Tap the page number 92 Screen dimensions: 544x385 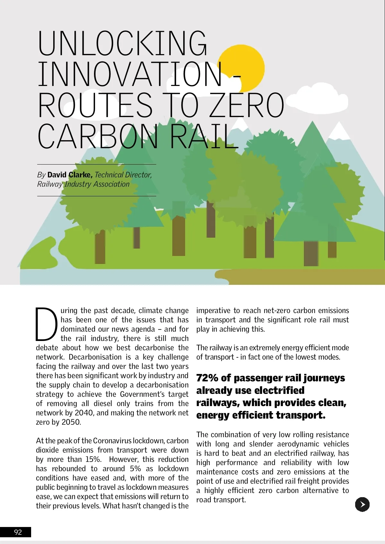click(18, 532)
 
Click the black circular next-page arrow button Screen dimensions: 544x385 click(362, 504)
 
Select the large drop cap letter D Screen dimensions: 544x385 click(46, 324)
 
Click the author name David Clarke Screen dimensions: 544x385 click(70, 175)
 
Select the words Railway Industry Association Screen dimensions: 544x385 click(83, 184)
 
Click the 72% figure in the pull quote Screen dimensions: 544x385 click(207, 378)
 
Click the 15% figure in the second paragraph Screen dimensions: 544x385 click(93, 459)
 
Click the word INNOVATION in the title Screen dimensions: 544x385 click(130, 74)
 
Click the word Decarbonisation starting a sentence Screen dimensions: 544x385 click(95, 357)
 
